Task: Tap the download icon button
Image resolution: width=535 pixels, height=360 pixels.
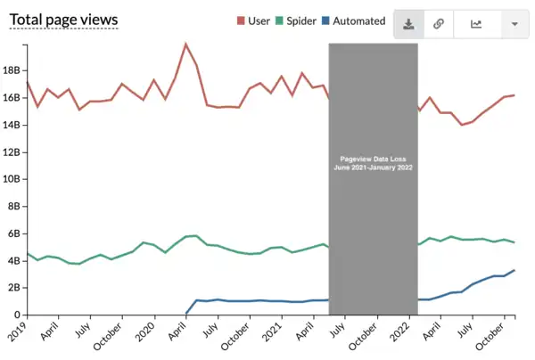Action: point(408,24)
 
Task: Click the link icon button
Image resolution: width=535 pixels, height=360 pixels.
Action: point(439,24)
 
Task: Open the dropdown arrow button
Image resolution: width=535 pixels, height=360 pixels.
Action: point(514,24)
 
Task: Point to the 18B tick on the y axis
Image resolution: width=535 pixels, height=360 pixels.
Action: point(11,70)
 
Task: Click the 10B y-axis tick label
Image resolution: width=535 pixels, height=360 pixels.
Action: point(11,179)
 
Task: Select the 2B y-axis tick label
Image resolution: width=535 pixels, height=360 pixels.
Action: point(11,288)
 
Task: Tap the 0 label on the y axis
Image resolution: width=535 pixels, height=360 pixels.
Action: point(15,315)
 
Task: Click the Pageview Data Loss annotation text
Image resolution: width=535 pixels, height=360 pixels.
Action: point(373,162)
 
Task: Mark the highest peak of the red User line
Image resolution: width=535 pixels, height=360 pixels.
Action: point(185,44)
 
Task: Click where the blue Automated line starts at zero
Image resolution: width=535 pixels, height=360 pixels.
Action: point(186,314)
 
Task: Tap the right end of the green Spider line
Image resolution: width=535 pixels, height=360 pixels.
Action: point(514,242)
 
